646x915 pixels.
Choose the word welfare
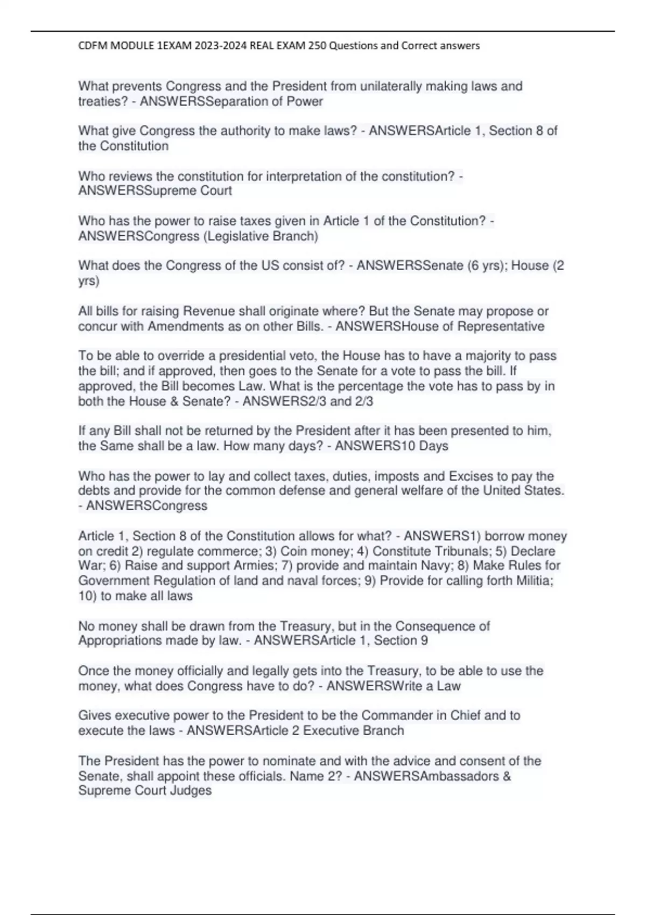[x=424, y=490]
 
